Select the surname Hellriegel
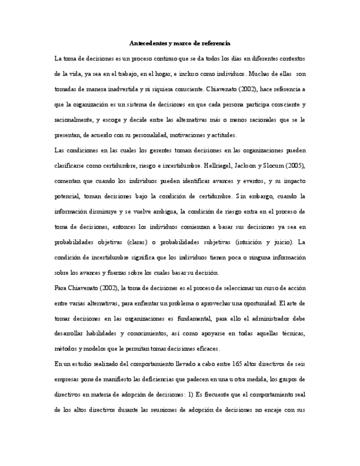pos(216,165)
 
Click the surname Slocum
pos(272,165)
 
